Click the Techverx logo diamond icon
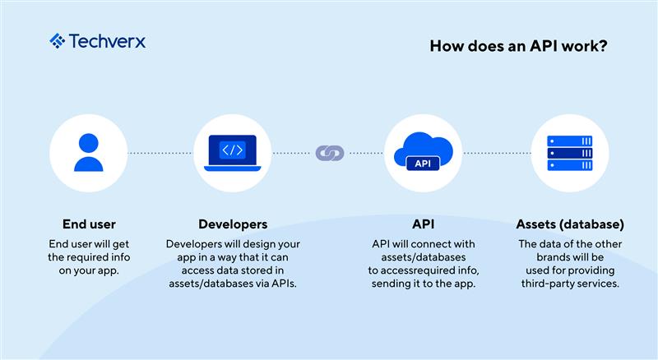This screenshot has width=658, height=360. [57, 41]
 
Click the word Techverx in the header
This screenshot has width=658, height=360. [107, 41]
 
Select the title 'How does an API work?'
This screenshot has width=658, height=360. [519, 46]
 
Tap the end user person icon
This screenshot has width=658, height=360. [88, 153]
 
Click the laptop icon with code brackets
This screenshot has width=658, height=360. [232, 153]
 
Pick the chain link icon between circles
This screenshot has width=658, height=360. [330, 153]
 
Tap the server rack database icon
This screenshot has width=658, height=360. [570, 153]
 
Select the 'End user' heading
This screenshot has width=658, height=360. [89, 224]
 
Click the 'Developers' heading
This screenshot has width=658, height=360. [233, 224]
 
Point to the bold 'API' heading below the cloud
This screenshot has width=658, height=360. [423, 224]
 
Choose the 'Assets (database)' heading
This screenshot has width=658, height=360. [570, 224]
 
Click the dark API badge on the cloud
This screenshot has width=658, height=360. [423, 164]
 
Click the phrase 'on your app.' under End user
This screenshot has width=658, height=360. [89, 270]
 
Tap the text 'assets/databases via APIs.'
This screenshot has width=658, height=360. [233, 284]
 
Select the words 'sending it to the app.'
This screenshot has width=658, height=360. [423, 284]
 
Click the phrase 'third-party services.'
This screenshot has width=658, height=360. [570, 284]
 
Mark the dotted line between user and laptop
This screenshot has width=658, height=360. [160, 153]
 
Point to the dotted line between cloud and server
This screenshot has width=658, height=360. [497, 153]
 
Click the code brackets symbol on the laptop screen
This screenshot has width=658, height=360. [232, 150]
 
